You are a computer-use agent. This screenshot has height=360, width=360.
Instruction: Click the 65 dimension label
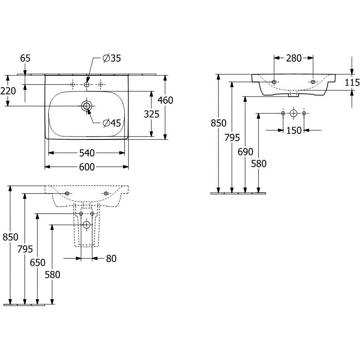coord(25,58)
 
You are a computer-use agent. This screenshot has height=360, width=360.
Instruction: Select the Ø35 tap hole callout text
coord(112,58)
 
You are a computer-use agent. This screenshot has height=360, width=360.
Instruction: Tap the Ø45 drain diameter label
coord(112,123)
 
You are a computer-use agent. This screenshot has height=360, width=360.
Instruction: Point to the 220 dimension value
coord(8,91)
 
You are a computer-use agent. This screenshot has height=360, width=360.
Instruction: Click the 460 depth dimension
coord(165,100)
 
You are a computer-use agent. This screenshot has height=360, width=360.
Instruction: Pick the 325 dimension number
coord(152,114)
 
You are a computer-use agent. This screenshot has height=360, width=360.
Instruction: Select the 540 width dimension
coord(87,153)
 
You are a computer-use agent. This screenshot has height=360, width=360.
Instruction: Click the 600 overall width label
coord(87,167)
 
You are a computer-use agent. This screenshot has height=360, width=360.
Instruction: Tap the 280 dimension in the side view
coord(294,58)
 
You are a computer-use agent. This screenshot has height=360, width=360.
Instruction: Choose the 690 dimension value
coord(245,152)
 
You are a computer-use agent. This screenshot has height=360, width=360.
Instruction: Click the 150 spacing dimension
coord(294,131)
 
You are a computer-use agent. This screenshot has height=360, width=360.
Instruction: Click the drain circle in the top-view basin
coord(87,106)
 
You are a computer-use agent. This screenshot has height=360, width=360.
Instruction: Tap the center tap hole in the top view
coord(87,84)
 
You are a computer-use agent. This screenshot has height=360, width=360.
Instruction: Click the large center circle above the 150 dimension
coord(294,114)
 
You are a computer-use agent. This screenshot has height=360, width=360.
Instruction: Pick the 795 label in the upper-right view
coord(232,138)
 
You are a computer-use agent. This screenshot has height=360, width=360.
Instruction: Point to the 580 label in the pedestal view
coord(52,274)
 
